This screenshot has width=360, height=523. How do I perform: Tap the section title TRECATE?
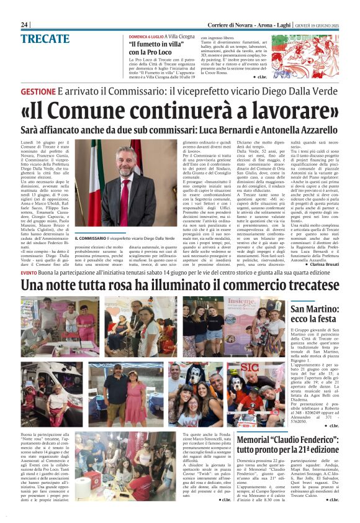coord(45,39)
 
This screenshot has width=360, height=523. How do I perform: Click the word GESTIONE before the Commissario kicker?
coord(37,91)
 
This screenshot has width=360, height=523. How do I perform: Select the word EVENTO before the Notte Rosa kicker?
coord(28,273)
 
